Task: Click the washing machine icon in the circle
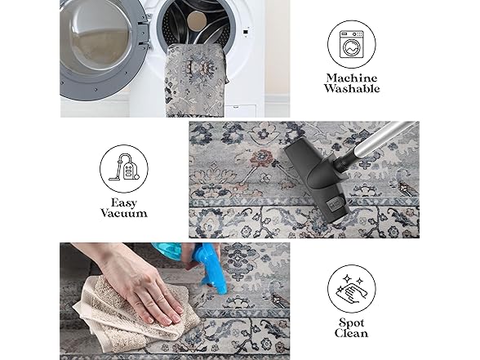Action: pos(351,44)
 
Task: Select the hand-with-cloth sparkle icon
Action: pos(351,289)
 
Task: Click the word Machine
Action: pos(351,78)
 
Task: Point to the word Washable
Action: pos(352,89)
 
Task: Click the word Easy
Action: pos(124,203)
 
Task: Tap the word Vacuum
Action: pos(124,213)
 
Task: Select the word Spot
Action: pos(351,323)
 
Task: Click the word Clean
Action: pos(351,333)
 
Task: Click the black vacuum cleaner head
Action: pos(318,180)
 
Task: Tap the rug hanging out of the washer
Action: pos(196,80)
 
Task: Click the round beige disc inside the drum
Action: pos(197,20)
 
